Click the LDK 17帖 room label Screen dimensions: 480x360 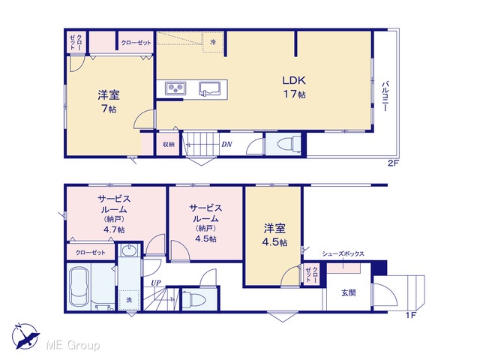coord(294,87)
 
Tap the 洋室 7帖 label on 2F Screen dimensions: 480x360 coord(108,101)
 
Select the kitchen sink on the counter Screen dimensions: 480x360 coord(211,88)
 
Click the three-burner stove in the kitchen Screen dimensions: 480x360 coord(175,88)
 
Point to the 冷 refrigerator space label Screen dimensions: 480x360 coord(213,42)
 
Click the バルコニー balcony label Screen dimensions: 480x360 coord(385,96)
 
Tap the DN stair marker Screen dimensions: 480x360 coord(226,144)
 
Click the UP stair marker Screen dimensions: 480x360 coord(156,283)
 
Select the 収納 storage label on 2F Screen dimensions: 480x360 coord(168,144)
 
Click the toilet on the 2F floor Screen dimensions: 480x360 coord(289,144)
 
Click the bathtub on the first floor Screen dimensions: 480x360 coord(79,286)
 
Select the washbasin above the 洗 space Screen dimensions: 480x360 coord(130,251)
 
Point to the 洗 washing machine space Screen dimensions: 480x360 coord(129,300)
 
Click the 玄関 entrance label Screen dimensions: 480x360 coord(349,293)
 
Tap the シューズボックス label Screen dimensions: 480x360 coord(343,253)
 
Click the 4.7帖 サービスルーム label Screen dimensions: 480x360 coord(114,214)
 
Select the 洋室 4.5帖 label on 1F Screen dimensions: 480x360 coord(274,235)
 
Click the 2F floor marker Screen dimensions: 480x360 coord(394,163)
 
